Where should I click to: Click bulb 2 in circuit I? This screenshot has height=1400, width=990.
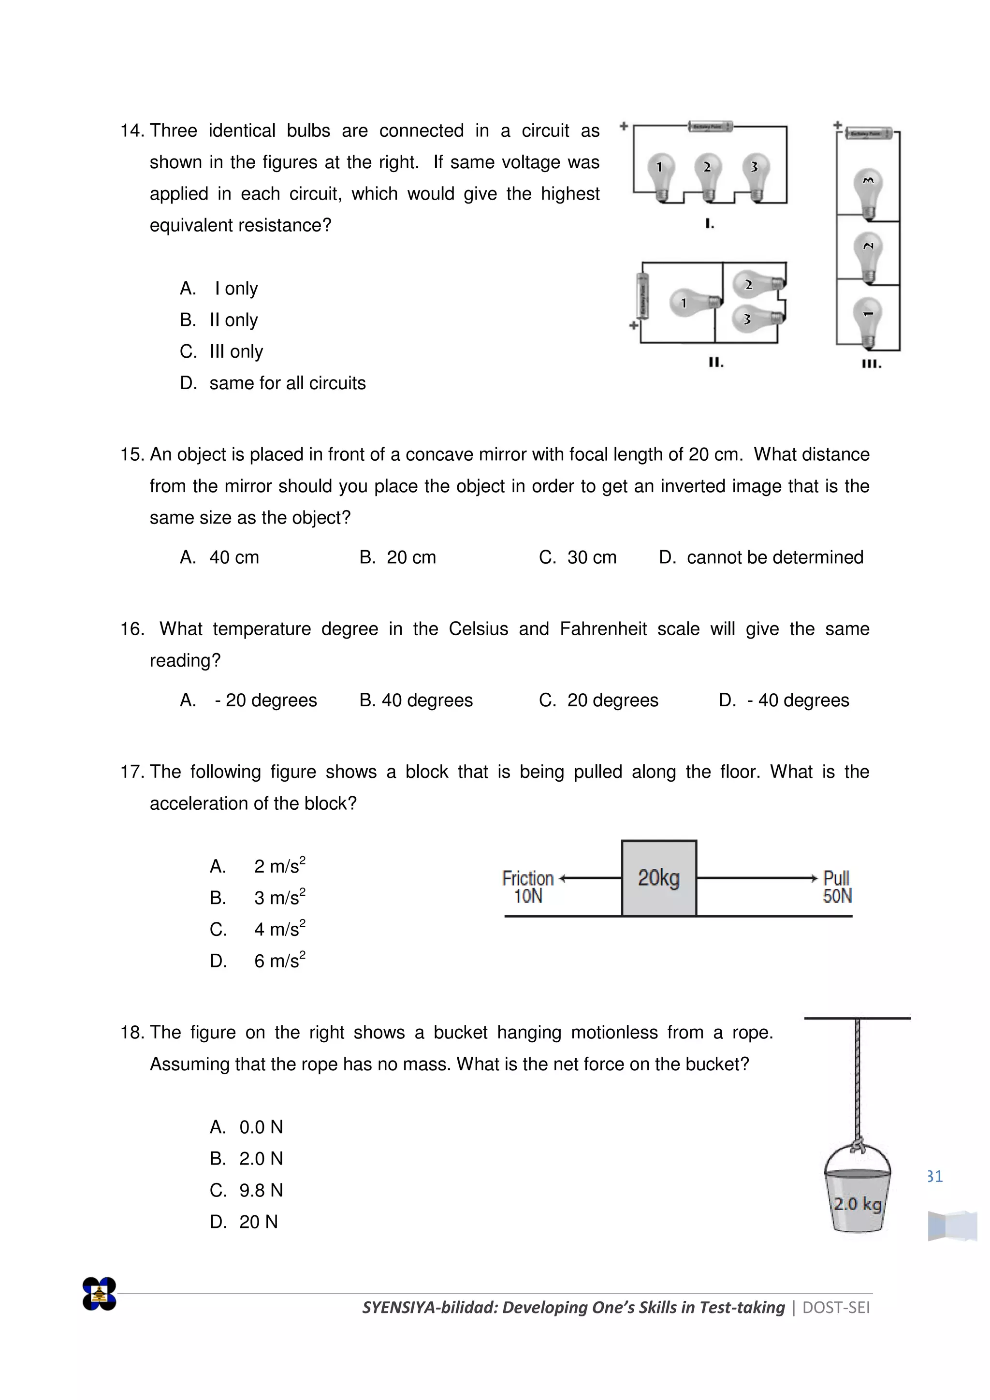coord(707,175)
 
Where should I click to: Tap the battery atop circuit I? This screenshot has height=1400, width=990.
coord(710,126)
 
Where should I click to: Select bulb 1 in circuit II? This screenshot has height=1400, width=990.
coord(693,303)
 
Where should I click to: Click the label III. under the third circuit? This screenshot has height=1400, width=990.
coord(871,364)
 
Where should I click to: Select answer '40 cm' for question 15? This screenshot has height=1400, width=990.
coord(233,557)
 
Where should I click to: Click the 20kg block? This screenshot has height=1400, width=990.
coord(659,878)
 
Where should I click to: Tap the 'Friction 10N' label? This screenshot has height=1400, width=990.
coord(527,887)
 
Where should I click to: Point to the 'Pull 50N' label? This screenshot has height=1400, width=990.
coord(836,887)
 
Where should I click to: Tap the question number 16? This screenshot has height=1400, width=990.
coord(131,629)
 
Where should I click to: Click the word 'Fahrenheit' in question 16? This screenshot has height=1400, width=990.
coord(603,629)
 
